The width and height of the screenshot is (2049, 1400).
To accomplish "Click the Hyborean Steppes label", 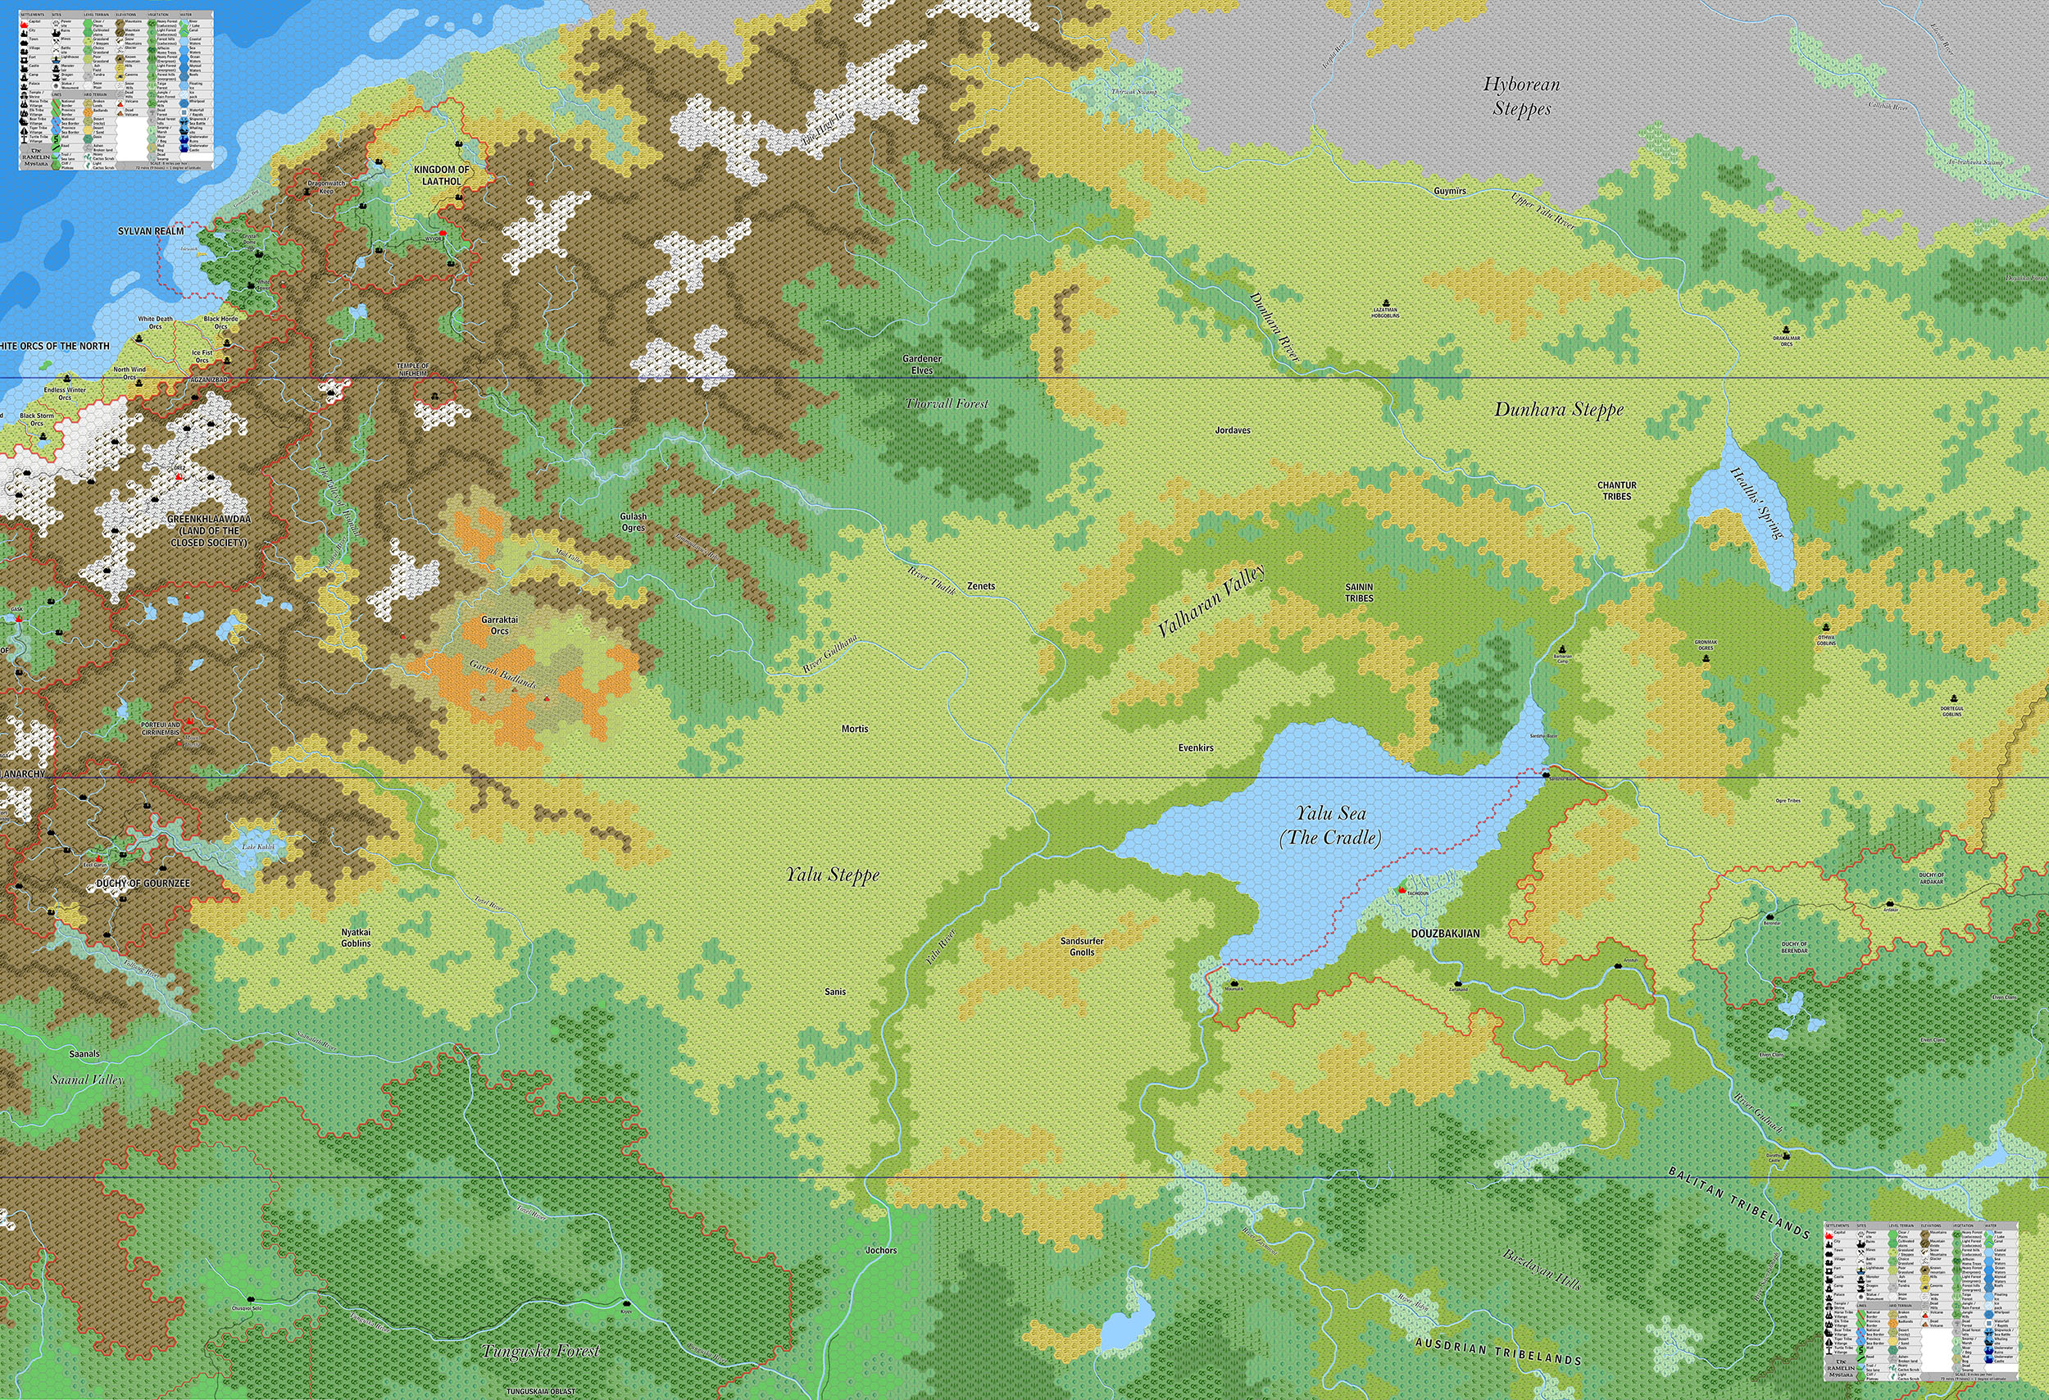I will [1521, 96].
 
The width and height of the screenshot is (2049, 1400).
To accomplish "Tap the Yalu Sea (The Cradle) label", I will [1329, 825].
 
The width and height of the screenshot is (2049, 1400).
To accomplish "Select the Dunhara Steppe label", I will [1559, 409].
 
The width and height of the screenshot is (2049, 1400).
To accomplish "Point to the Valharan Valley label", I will [1211, 600].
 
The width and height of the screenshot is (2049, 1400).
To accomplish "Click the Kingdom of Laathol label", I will [441, 175].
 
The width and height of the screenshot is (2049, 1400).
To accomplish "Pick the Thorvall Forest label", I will [946, 403].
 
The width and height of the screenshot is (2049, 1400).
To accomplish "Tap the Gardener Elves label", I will [921, 364].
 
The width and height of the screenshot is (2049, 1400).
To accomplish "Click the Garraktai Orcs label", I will [500, 625].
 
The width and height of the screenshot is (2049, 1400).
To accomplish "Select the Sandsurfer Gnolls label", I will [1082, 946].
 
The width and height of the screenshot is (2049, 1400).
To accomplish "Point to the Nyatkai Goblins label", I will [357, 937].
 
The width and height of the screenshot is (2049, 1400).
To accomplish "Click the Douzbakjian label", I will [1445, 933].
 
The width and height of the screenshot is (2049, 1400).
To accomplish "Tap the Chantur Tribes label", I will [1616, 490].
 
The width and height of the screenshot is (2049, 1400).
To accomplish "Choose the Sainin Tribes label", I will [1359, 592].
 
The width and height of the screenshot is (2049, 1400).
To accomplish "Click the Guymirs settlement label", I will [1450, 190].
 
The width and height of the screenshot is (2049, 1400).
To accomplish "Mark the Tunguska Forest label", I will [541, 1350].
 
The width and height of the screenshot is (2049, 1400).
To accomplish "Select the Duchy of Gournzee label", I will [143, 883].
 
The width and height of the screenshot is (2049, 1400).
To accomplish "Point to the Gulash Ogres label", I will [633, 521].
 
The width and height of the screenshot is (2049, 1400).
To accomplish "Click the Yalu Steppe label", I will [832, 875].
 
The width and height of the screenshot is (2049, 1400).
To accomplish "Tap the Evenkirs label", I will [1196, 748].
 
